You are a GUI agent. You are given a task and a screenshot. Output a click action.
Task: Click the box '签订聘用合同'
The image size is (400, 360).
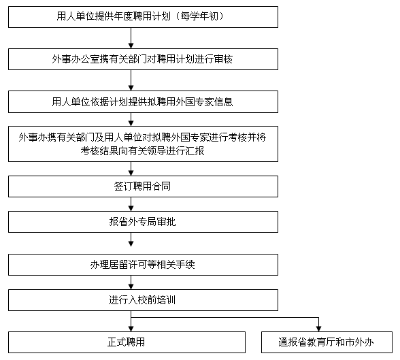(x=143, y=186)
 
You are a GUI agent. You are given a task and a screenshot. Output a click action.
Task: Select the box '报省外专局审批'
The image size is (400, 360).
(x=143, y=222)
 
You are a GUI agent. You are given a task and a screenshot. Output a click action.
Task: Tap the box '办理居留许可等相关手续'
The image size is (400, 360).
(x=143, y=265)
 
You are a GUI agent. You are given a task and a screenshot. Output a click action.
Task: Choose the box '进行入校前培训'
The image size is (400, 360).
(x=143, y=300)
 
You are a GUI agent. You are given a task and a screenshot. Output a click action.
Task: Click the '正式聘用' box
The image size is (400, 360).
(x=127, y=342)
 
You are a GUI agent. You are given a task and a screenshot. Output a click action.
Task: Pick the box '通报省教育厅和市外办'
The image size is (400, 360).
(x=327, y=342)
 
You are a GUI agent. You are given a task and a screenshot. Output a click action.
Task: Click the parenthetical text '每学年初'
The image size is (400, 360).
(x=199, y=16)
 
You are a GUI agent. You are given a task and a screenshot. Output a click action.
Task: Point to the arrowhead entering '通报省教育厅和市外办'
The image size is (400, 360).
(x=318, y=329)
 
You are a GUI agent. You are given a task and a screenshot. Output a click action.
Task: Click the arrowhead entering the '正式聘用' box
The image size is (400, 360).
(x=131, y=329)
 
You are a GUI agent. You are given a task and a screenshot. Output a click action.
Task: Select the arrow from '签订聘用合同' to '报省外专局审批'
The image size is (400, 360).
(x=131, y=204)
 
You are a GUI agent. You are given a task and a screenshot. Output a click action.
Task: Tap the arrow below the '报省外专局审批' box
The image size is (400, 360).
(x=131, y=240)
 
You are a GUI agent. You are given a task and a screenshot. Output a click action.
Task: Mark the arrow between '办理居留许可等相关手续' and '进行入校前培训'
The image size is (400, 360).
(x=131, y=282)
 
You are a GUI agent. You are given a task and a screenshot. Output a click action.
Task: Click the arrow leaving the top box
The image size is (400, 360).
(x=131, y=38)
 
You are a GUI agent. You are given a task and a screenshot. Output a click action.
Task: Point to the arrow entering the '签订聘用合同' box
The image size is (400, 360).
(x=131, y=169)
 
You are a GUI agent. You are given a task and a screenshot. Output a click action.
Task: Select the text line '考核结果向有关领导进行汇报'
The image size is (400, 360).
(x=142, y=151)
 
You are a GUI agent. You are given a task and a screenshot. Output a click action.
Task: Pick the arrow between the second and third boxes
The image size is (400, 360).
(x=131, y=80)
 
